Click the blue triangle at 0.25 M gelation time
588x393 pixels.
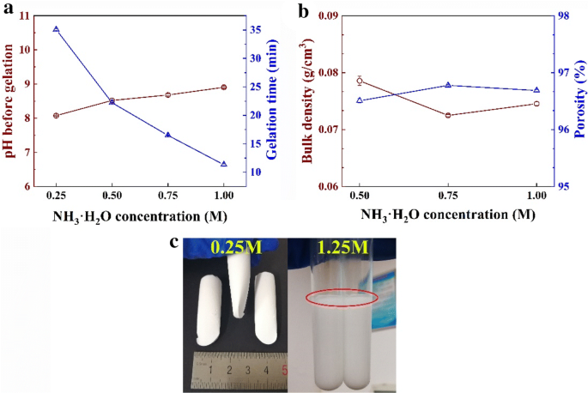click(x=56, y=29)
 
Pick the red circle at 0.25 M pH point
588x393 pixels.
click(x=56, y=115)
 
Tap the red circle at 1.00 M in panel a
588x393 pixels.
click(x=224, y=87)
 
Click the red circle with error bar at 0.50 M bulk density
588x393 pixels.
click(x=360, y=81)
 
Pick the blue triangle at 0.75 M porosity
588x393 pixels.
click(x=448, y=85)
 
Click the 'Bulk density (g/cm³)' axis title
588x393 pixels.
click(x=306, y=101)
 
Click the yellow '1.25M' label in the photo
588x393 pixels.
click(x=342, y=249)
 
